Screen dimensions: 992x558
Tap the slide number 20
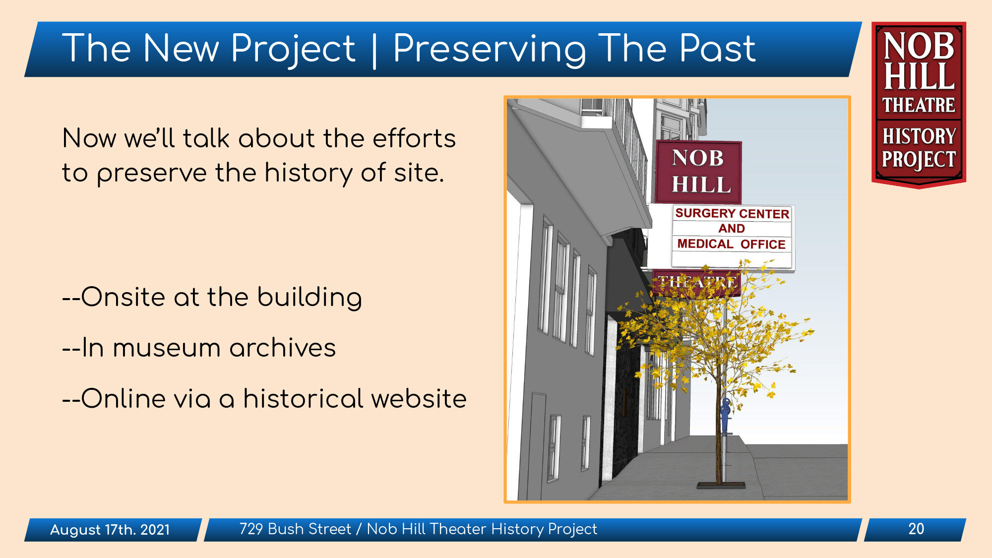point(916,529)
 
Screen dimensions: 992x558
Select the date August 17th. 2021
point(110,530)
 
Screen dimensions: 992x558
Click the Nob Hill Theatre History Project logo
point(919,105)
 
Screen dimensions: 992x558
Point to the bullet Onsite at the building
point(212,298)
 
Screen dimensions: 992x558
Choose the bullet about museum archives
point(199,348)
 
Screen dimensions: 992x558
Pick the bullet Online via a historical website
point(264,399)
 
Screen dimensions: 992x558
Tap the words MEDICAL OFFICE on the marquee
point(731,244)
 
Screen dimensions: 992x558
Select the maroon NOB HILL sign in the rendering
point(698,172)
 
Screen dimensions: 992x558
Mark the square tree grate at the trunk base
point(721,485)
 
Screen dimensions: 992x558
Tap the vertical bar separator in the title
point(374,50)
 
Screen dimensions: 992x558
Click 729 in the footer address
point(251,529)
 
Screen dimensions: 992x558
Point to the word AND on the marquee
point(732,229)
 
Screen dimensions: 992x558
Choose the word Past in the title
point(717,49)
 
